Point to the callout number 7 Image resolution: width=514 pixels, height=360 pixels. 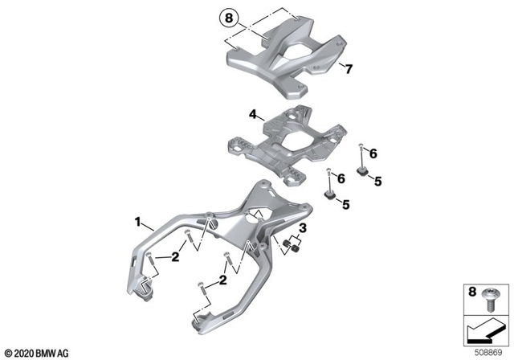click(348, 69)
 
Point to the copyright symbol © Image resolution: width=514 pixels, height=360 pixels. click(7, 352)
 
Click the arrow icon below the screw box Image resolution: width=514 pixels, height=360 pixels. click(485, 330)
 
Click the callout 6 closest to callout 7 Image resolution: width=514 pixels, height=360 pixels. click(372, 153)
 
